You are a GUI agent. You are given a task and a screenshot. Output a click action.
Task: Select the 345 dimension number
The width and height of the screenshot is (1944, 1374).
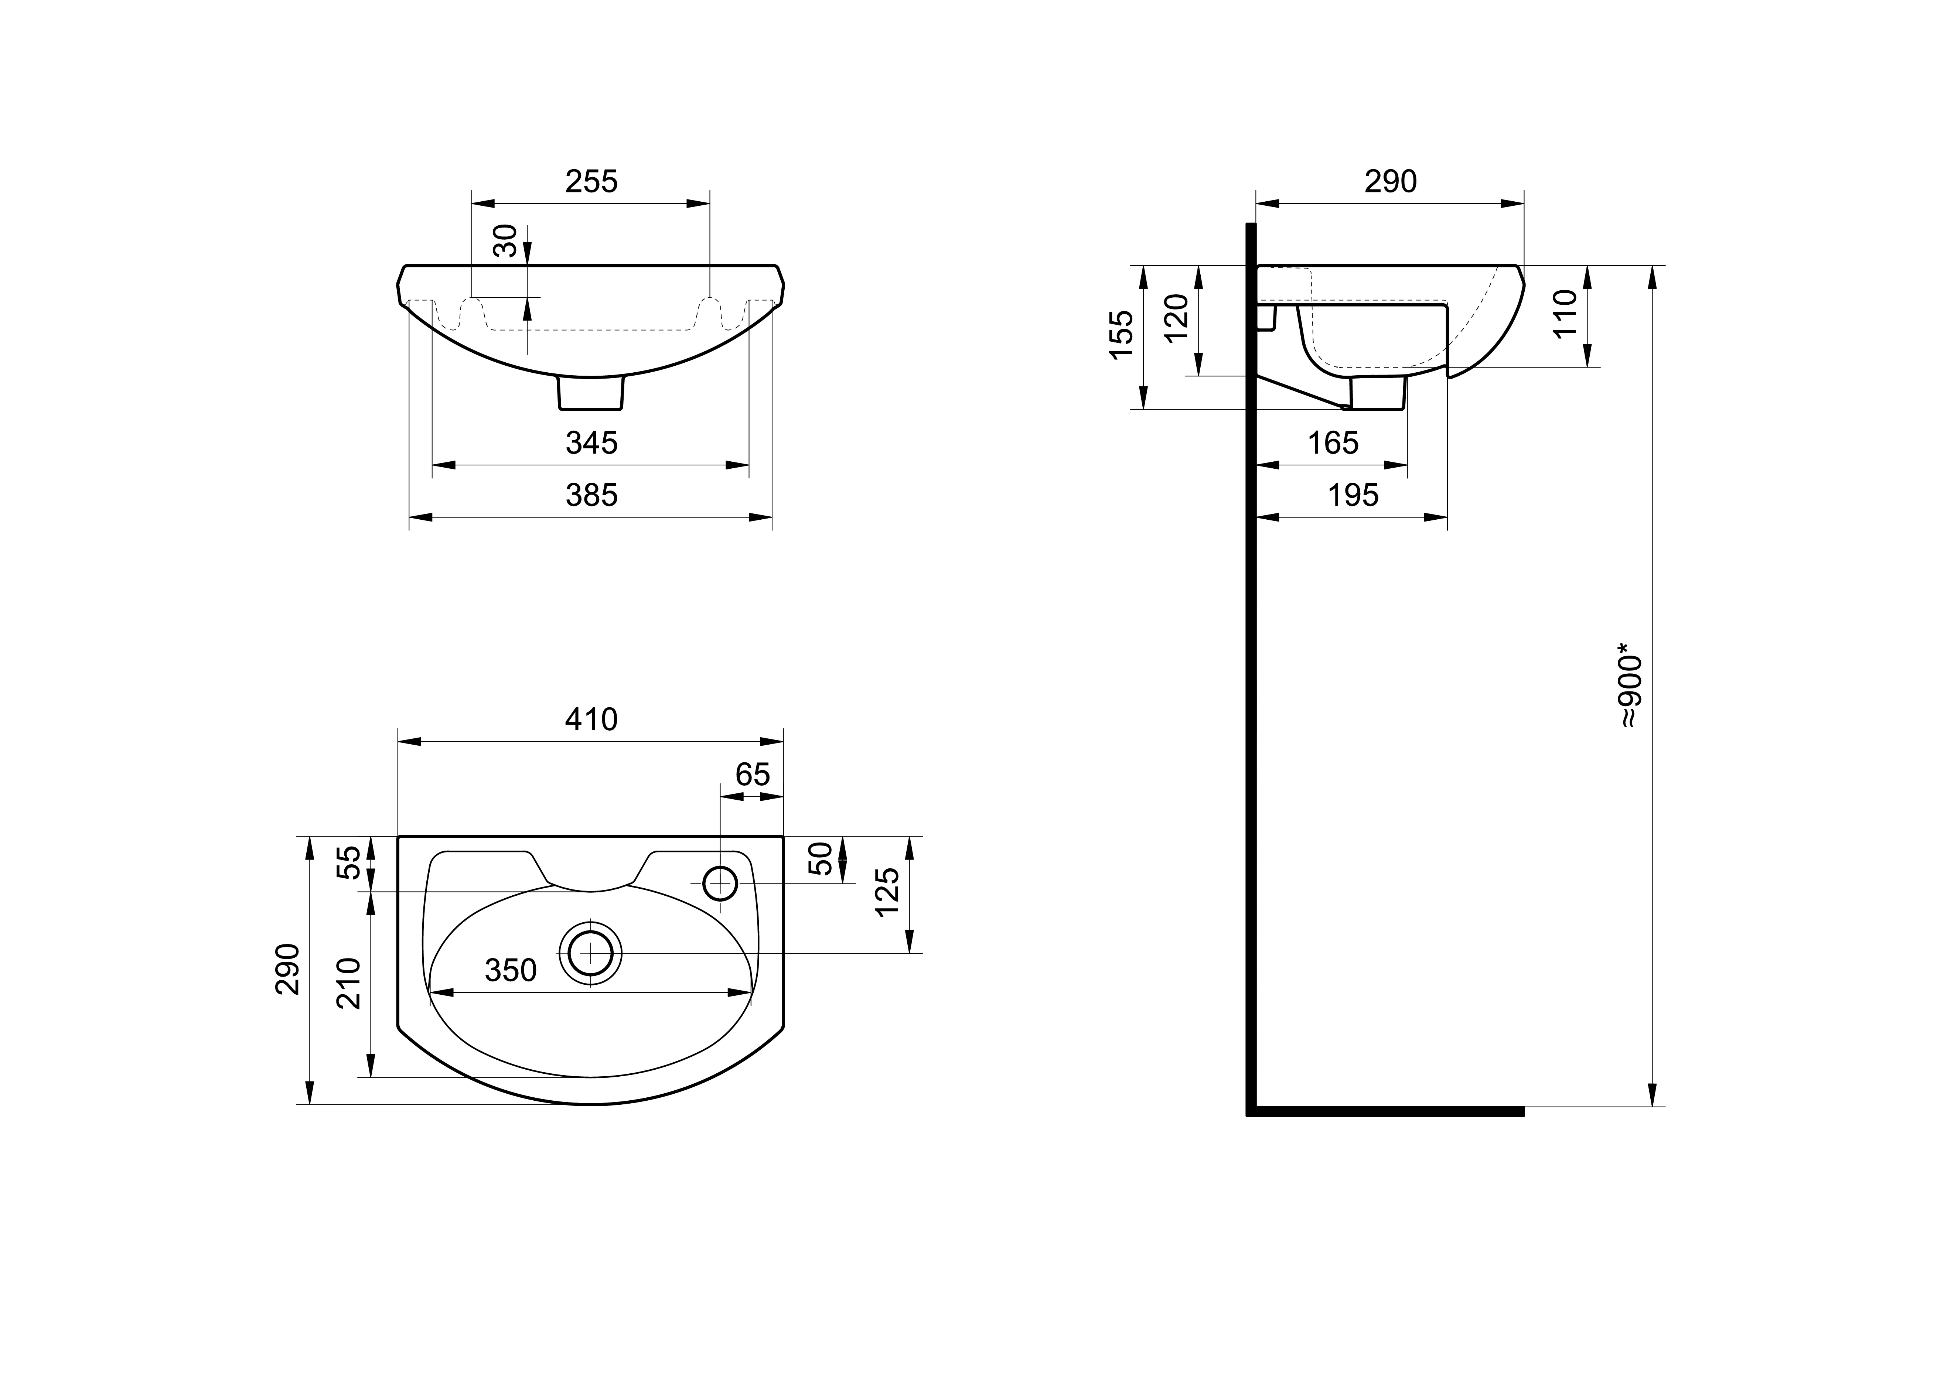(591, 443)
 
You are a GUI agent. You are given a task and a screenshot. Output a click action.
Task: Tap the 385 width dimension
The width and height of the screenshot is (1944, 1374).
(591, 495)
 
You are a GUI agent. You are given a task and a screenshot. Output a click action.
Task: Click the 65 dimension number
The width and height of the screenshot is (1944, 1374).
(752, 775)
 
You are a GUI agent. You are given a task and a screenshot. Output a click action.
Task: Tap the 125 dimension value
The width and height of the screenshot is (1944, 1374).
(887, 892)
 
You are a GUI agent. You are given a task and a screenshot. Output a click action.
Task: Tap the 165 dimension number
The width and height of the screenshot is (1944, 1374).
(1333, 443)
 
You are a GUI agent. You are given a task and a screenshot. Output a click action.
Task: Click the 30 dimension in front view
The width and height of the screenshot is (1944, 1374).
(505, 240)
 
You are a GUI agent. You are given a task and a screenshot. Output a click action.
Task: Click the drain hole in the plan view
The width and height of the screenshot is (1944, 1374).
(590, 953)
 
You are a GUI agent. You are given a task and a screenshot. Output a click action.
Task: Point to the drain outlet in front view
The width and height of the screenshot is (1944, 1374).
(591, 394)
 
